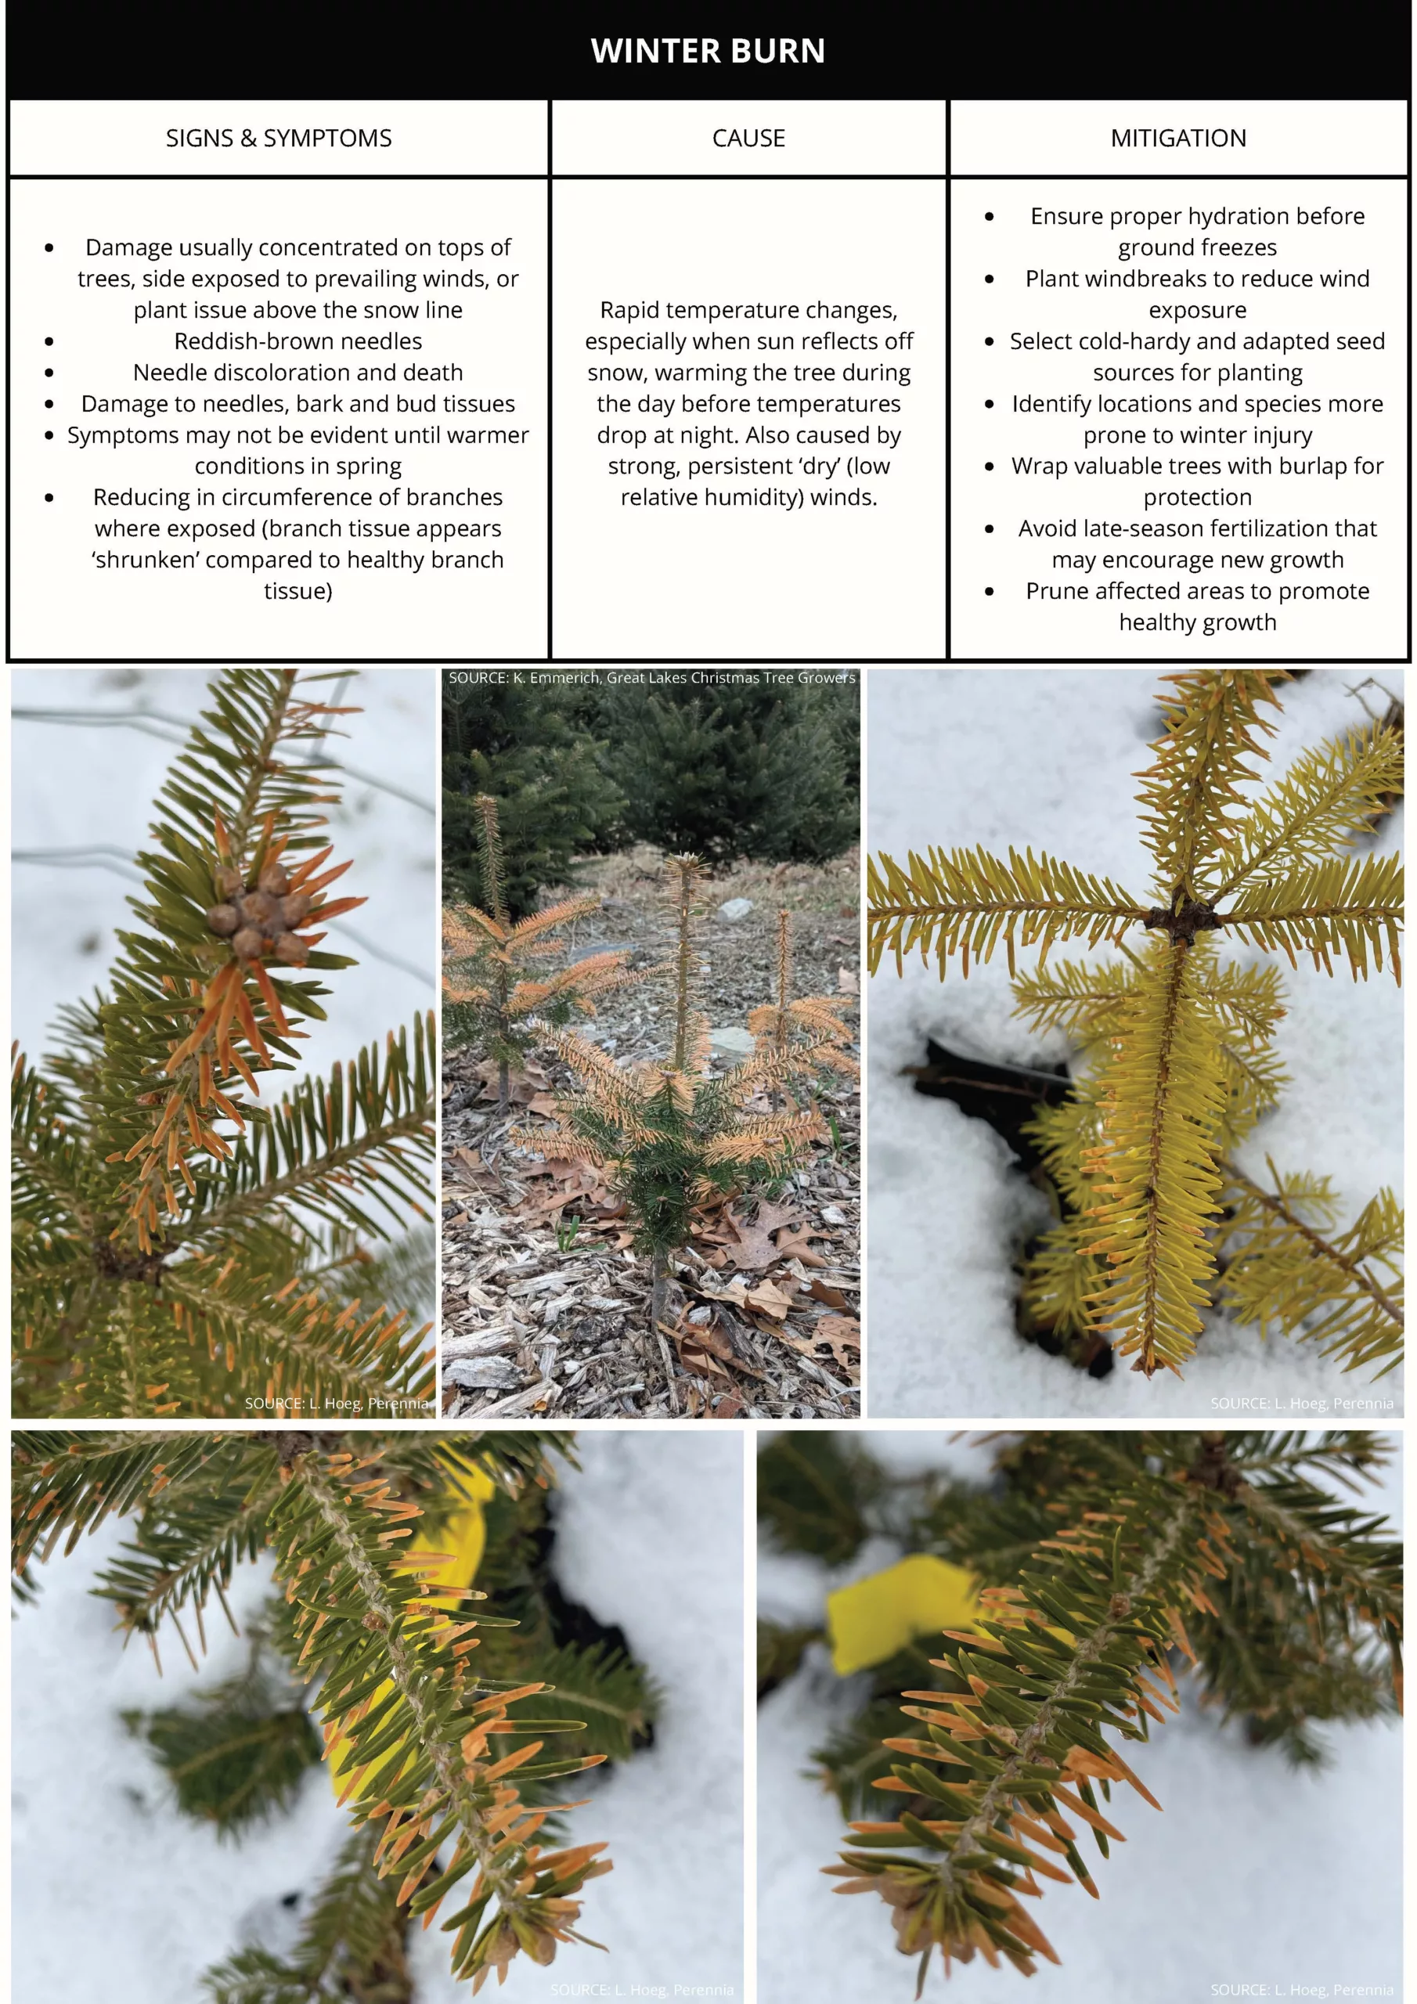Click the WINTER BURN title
coord(708,51)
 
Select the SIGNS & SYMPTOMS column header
coord(279,138)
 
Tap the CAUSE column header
coord(748,138)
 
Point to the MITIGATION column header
coord(1179,138)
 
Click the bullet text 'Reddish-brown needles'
coord(297,341)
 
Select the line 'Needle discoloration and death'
coord(297,373)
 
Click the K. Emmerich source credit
coord(652,677)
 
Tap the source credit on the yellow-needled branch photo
coord(1302,1404)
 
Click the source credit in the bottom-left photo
coord(642,1990)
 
